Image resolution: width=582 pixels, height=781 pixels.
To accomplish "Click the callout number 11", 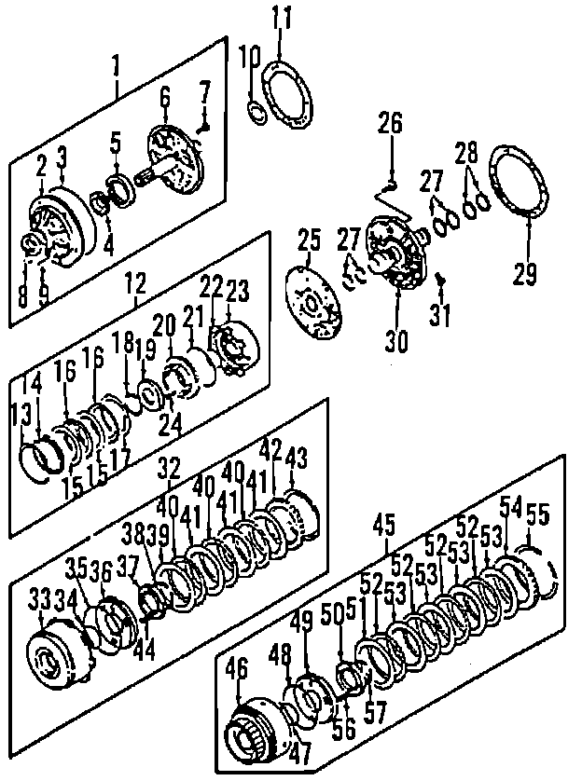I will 282,16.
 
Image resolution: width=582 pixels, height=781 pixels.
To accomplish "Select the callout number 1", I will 117,65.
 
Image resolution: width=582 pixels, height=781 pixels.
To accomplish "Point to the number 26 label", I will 390,123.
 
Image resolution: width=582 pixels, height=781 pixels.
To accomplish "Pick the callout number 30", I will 397,340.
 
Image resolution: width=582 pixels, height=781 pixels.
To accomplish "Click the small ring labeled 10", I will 256,112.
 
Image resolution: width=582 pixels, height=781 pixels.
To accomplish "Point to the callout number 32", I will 170,468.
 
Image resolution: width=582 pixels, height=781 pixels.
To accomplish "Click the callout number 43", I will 297,459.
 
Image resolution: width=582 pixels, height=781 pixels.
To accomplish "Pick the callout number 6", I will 166,95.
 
